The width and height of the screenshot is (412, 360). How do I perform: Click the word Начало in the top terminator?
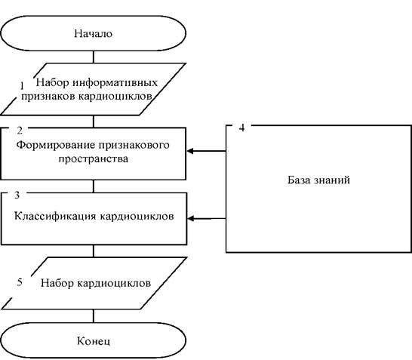[x=94, y=34]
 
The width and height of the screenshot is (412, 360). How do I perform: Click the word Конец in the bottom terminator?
[x=94, y=341]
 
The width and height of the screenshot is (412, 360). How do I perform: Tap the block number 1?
[x=22, y=86]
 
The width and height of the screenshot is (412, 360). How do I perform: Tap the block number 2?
[x=20, y=131]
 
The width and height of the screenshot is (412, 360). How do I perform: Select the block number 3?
[x=17, y=195]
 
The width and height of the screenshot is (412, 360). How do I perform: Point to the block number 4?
[x=241, y=128]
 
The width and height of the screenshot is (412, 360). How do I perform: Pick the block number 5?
[x=20, y=282]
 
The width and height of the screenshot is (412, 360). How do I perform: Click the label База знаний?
[x=318, y=180]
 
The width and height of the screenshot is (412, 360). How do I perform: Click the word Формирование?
[x=55, y=145]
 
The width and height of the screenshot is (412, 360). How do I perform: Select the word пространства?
[x=94, y=158]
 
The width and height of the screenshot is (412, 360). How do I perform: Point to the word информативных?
[x=115, y=82]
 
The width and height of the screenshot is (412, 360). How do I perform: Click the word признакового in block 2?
[x=134, y=145]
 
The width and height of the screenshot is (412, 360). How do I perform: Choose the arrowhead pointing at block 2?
[x=190, y=151]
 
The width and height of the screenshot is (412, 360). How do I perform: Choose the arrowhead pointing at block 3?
[x=190, y=218]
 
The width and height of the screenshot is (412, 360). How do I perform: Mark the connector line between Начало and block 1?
[x=94, y=57]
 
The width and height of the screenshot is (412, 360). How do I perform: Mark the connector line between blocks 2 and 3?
[x=94, y=186]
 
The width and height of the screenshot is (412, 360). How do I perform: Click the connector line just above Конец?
[x=94, y=316]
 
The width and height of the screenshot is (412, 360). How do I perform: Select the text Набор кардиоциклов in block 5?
[x=96, y=283]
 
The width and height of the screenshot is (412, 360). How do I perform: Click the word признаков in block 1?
[x=48, y=96]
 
